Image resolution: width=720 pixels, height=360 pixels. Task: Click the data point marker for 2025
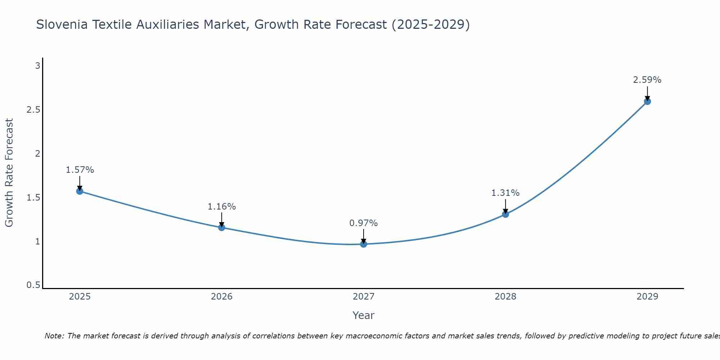point(80,191)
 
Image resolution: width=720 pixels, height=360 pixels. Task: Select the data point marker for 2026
point(222,228)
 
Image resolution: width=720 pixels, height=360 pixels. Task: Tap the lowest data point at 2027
point(364,244)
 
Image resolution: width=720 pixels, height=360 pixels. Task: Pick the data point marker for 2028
point(505,214)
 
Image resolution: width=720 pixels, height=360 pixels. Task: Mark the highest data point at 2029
point(647,102)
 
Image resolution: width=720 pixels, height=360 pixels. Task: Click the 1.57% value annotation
point(80,170)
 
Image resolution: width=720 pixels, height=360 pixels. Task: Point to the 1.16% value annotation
point(222,207)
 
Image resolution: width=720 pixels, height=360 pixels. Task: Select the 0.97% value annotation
point(364,223)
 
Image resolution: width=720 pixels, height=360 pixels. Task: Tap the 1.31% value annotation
point(505,193)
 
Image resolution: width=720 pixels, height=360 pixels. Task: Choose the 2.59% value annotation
point(647,80)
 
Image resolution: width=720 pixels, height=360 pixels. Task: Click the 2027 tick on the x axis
point(364,297)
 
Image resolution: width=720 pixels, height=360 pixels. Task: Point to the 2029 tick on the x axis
point(647,297)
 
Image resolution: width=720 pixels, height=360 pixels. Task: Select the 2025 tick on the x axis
point(80,297)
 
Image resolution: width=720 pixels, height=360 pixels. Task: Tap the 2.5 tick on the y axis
point(33,110)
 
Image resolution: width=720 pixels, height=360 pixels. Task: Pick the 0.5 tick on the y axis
point(33,285)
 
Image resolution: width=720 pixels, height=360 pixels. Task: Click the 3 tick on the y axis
point(37,66)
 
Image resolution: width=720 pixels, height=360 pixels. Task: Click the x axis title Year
point(364,315)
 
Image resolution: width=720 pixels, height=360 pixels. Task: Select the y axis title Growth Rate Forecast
point(9,173)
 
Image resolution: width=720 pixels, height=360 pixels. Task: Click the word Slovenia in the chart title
point(62,24)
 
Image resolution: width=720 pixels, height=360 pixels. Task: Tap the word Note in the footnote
point(54,336)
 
